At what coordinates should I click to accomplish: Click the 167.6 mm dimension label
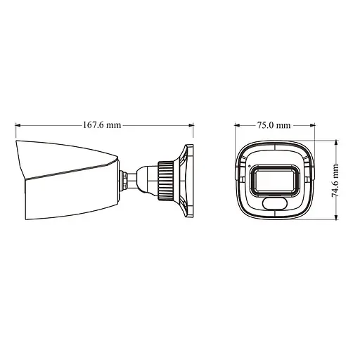pyautogui.click(x=103, y=125)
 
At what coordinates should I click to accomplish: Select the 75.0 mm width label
pyautogui.click(x=274, y=125)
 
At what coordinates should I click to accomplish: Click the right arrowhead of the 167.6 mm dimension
pyautogui.click(x=190, y=126)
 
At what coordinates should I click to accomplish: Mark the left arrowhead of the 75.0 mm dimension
pyautogui.click(x=237, y=126)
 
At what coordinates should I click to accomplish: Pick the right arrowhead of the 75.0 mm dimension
pyautogui.click(x=311, y=126)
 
